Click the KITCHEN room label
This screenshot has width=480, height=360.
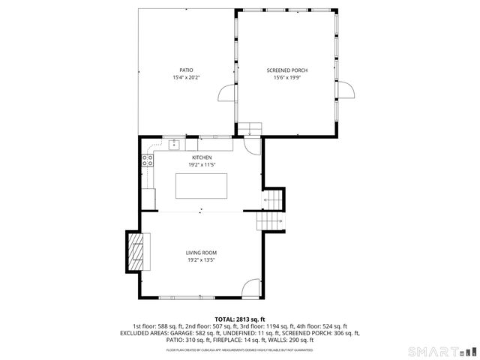click(x=201, y=157)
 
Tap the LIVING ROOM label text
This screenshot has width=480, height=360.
click(x=201, y=253)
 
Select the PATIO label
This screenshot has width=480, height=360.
click(x=186, y=70)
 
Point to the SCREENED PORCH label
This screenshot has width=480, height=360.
click(x=286, y=70)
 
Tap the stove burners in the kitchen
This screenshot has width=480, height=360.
click(x=147, y=159)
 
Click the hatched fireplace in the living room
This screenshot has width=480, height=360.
click(x=137, y=251)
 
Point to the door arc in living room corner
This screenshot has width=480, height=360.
click(x=251, y=287)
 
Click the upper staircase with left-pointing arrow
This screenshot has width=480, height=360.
click(x=274, y=200)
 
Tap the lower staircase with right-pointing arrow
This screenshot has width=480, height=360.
click(x=270, y=222)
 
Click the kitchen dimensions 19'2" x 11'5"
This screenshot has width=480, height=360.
click(x=201, y=165)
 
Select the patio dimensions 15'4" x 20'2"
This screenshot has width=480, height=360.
click(x=186, y=77)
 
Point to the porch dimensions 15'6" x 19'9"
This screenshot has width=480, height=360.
click(x=286, y=77)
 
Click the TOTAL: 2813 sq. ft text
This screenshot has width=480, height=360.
click(x=240, y=319)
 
